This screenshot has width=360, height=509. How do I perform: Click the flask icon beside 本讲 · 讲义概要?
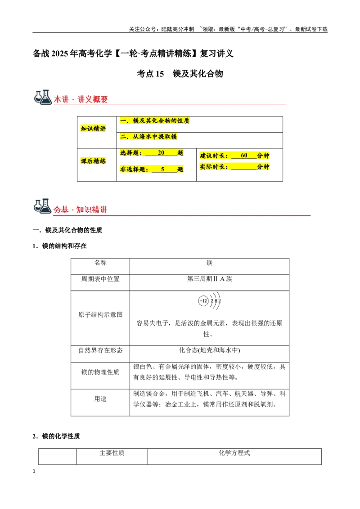[x=43, y=97]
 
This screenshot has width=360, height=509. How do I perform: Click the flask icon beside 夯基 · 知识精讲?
[x=43, y=206]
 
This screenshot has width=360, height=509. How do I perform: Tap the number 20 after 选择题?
[x=161, y=152]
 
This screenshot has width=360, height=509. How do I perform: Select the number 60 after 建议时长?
[x=244, y=155]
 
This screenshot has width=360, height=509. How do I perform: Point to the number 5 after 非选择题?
[x=163, y=169]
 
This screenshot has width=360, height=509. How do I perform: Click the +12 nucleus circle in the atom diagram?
[x=203, y=301]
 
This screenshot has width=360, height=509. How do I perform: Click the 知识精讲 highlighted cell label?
[x=93, y=129]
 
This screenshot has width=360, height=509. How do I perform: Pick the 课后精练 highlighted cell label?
[x=93, y=161]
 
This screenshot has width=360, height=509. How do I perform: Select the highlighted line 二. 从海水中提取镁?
[x=148, y=137]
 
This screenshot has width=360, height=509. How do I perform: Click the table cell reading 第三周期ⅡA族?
[x=210, y=279]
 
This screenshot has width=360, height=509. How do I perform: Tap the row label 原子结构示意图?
[x=100, y=315]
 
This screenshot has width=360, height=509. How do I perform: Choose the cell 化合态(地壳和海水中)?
[x=210, y=350]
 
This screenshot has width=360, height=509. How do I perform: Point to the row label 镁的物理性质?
[x=100, y=372]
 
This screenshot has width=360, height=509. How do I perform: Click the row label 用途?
[x=100, y=399]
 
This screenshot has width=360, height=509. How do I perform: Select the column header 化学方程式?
[x=234, y=453]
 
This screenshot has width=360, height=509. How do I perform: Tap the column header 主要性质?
[x=112, y=453]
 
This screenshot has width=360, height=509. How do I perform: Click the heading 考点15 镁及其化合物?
[x=180, y=74]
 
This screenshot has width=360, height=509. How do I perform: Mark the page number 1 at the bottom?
[x=34, y=471]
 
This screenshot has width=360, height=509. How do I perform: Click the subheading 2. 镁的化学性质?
[x=56, y=436]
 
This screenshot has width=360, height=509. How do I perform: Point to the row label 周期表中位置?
[x=100, y=279]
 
